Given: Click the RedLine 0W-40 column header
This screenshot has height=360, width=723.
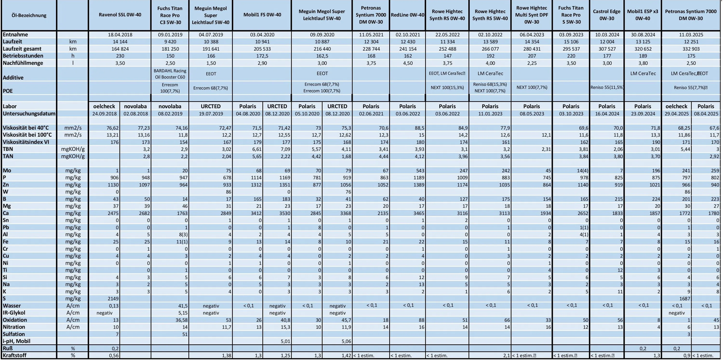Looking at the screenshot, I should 407,15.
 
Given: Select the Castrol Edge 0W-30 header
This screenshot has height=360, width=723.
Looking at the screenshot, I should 607,15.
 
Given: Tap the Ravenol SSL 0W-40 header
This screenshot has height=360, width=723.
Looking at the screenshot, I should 120,15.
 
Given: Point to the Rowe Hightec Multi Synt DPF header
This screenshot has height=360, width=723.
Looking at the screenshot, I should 531,15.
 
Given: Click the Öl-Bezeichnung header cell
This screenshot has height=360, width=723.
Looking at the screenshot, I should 29,15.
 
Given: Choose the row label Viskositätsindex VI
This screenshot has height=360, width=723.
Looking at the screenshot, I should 26,142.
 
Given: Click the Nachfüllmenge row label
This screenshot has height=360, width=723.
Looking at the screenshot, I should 23,63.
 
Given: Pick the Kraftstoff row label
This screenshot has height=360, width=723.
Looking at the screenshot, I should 15,355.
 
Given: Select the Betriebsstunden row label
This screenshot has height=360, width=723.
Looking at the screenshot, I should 23,56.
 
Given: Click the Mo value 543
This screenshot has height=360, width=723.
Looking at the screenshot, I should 419,171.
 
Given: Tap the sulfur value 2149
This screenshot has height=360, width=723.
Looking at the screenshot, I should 113,299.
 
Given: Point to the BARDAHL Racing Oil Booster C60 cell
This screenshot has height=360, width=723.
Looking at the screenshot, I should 170,74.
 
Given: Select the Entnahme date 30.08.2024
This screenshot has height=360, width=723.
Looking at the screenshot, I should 643,35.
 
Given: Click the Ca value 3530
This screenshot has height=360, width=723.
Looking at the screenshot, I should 284,213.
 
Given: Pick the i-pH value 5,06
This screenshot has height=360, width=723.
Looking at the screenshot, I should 344,341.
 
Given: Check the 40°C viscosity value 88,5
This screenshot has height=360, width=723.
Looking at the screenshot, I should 419,128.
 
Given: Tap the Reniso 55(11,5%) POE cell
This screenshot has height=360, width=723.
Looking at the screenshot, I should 607,87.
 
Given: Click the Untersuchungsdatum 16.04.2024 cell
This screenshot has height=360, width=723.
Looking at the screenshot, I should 607,114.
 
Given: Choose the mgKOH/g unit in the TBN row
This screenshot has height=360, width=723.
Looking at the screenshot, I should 73,149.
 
